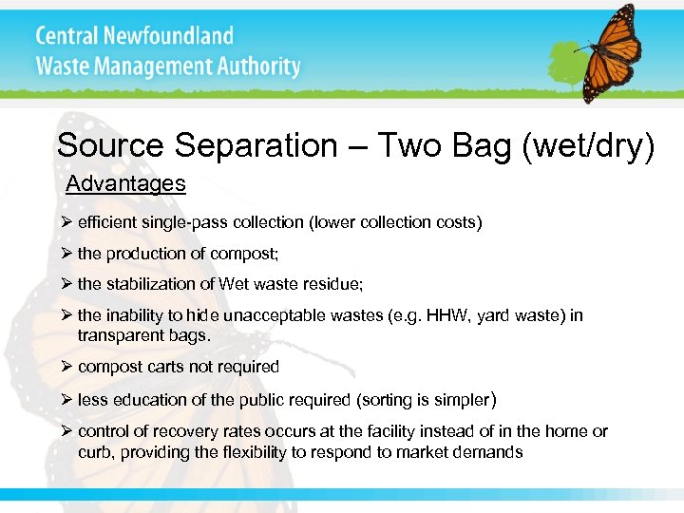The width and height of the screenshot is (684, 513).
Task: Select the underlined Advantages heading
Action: pyautogui.click(x=125, y=183)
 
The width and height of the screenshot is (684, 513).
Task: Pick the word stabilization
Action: pyautogui.click(x=153, y=284)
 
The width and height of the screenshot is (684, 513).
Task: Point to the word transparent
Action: pyautogui.click(x=121, y=334)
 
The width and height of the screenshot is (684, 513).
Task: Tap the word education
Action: pyautogui.click(x=150, y=399)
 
